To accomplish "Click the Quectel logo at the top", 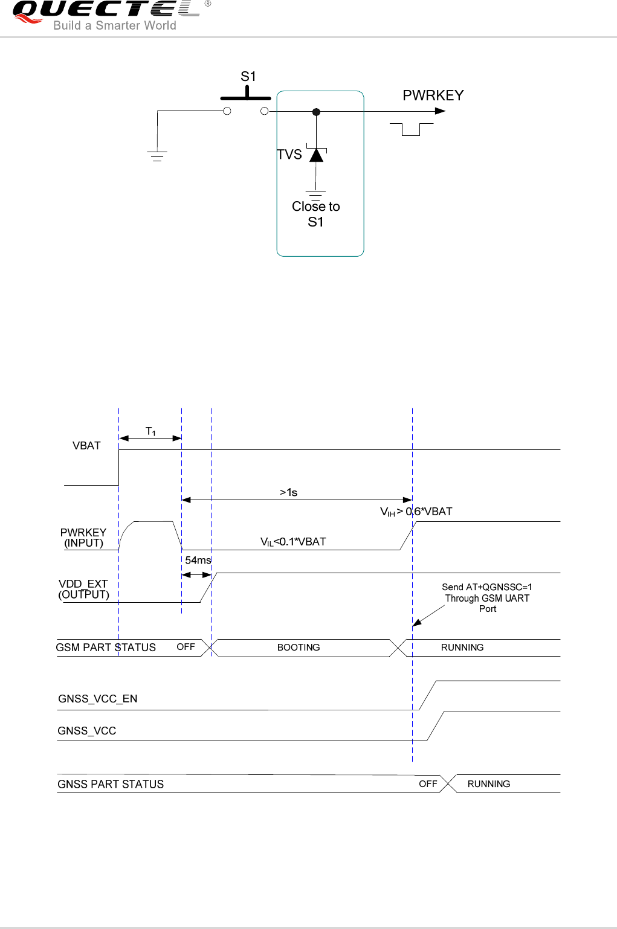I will click(106, 14).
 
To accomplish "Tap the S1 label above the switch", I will click(248, 77).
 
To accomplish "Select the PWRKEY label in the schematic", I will click(433, 95).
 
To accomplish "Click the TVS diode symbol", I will click(316, 155).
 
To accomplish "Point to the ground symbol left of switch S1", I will click(157, 156).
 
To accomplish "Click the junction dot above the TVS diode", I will click(316, 112).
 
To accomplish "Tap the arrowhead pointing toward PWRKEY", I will click(441, 111).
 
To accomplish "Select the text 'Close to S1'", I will click(316, 214).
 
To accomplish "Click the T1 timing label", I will click(150, 431).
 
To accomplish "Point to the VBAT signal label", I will click(86, 446).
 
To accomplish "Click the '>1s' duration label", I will click(288, 492).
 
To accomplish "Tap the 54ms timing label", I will click(198, 561).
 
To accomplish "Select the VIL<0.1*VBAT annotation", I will click(293, 542).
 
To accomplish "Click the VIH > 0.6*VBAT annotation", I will click(416, 512).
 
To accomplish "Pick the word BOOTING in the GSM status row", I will click(299, 648).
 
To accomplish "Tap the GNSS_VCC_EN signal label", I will click(98, 699).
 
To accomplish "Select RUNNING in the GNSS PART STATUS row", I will click(488, 784).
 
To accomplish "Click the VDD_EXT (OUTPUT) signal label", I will click(83, 589).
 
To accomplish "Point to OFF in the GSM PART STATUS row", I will click(186, 647).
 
